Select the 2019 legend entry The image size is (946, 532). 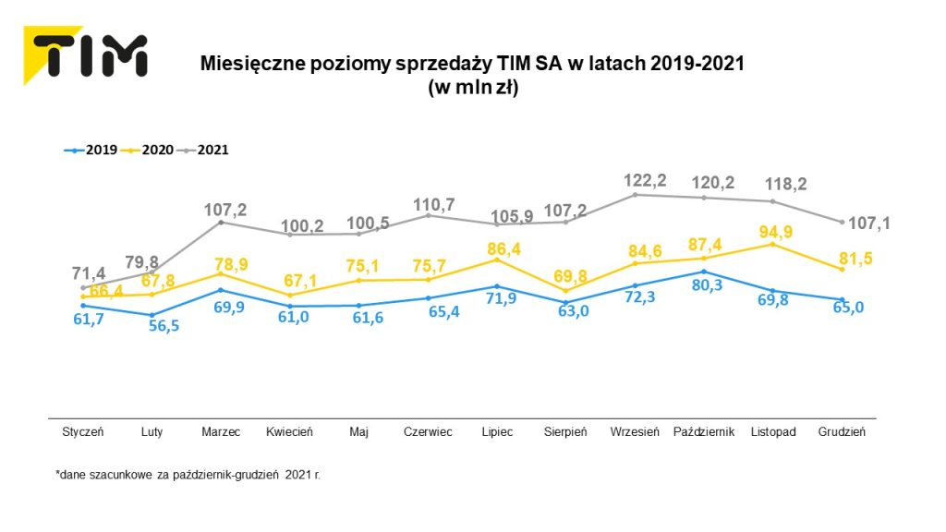click(x=91, y=149)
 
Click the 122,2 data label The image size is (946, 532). click(x=639, y=176)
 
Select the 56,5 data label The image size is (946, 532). click(x=159, y=325)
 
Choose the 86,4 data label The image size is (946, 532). click(x=503, y=248)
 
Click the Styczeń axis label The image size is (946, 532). click(x=83, y=432)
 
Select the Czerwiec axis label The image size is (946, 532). click(x=429, y=432)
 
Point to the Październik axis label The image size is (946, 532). click(x=704, y=432)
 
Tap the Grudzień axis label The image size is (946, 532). click(x=842, y=432)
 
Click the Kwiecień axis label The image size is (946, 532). click(x=289, y=432)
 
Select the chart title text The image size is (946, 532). click(x=472, y=75)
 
